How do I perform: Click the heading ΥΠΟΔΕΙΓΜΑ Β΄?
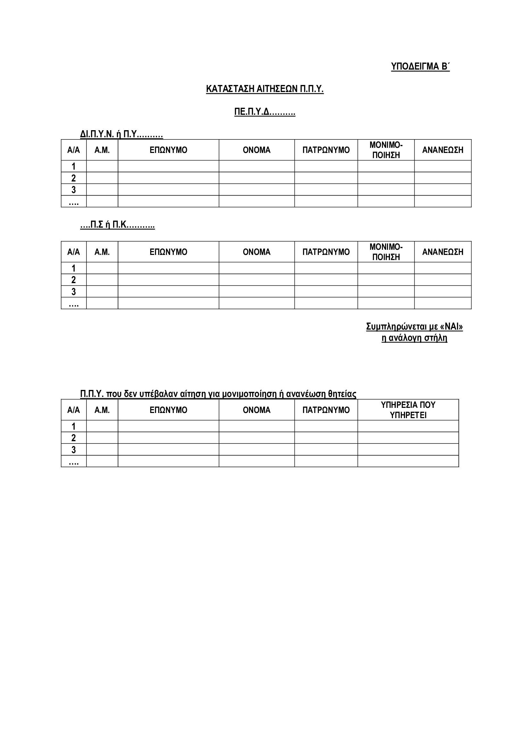click(x=420, y=66)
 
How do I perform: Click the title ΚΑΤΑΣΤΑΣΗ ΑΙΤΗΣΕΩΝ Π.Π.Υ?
click(x=265, y=89)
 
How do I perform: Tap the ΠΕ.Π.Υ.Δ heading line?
click(x=265, y=112)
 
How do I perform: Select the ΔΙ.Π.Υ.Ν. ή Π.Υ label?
click(x=121, y=134)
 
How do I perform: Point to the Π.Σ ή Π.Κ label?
click(x=118, y=225)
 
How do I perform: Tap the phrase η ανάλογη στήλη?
click(x=414, y=338)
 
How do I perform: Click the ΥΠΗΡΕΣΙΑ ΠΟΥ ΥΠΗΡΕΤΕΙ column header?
click(x=408, y=410)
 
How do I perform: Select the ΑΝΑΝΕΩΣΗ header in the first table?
click(x=443, y=150)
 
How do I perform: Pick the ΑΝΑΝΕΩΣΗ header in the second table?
click(x=443, y=252)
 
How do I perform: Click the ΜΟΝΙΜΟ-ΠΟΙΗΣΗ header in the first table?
click(x=386, y=150)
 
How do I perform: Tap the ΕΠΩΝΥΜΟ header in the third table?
click(x=169, y=410)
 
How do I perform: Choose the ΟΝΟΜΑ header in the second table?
click(x=257, y=252)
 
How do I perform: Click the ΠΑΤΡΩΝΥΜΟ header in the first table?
click(x=326, y=150)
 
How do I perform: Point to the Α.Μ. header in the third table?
click(x=102, y=410)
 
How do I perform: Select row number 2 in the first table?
click(x=73, y=178)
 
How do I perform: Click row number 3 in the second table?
click(x=73, y=291)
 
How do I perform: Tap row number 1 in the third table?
click(x=73, y=426)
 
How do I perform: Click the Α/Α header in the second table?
click(x=73, y=252)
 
